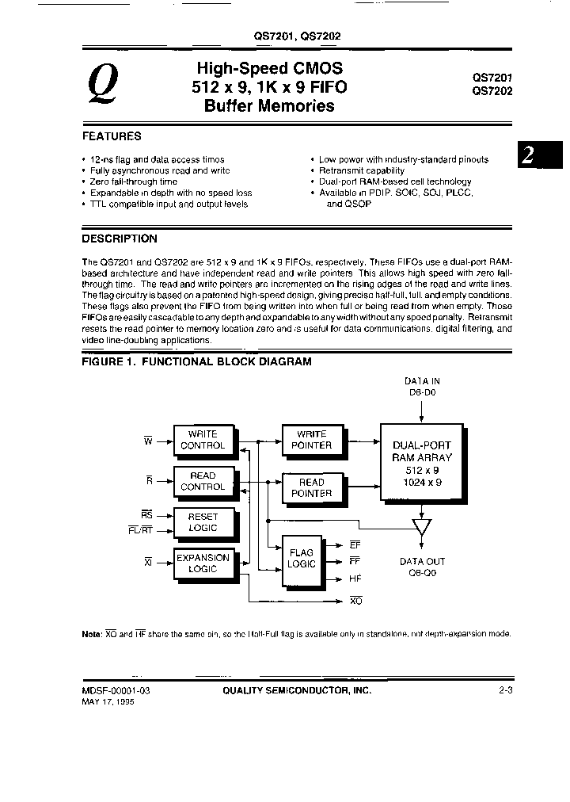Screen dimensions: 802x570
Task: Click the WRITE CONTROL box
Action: [x=203, y=440]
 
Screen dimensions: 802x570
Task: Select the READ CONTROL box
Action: [x=203, y=481]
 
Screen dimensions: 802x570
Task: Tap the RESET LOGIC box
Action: [x=203, y=522]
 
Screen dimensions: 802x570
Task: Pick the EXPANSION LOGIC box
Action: [x=203, y=563]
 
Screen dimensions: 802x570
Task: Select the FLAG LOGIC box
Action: [x=301, y=559]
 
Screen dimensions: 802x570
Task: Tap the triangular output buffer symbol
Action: [x=422, y=526]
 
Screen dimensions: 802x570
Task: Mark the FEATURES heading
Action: [x=112, y=136]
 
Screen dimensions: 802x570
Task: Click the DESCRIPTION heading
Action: [x=120, y=239]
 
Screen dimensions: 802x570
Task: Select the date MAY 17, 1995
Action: [x=108, y=702]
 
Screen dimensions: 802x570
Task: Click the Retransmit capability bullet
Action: [x=361, y=170]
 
